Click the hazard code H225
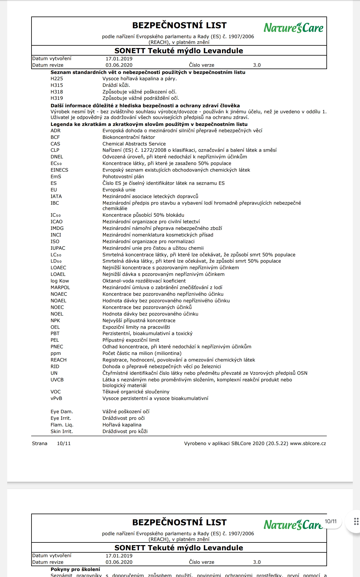pyautogui.click(x=57, y=79)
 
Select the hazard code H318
pyautogui.click(x=57, y=92)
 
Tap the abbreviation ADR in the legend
pyautogui.click(x=55, y=131)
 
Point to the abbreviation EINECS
pyautogui.click(x=59, y=170)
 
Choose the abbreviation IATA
pyautogui.click(x=56, y=197)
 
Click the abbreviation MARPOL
pyautogui.click(x=60, y=288)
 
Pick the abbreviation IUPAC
pyautogui.click(x=58, y=248)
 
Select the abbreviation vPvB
pyautogui.click(x=56, y=398)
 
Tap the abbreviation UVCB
pyautogui.click(x=57, y=380)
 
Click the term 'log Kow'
pyautogui.click(x=60, y=281)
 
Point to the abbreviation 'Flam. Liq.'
pyautogui.click(x=62, y=425)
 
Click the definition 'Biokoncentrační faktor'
pyautogui.click(x=129, y=137)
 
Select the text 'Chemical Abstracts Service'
pyautogui.click(x=134, y=144)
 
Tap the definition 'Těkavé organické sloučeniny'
pyautogui.click(x=136, y=392)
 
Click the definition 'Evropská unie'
pyautogui.click(x=119, y=190)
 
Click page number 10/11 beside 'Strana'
pyautogui.click(x=64, y=444)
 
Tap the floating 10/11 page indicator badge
pyautogui.click(x=331, y=521)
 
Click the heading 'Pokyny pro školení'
pyautogui.click(x=75, y=569)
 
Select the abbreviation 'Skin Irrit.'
pyautogui.click(x=61, y=432)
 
